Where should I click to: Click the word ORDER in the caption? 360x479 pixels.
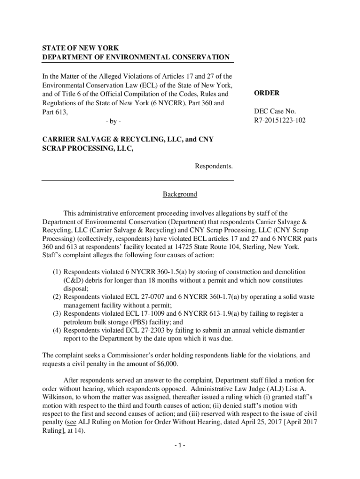[266, 93]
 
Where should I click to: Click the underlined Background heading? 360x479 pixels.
[180, 194]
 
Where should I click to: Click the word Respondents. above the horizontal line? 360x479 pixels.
[214, 166]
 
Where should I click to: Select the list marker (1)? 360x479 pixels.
[57, 272]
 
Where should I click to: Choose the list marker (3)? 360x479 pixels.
[57, 313]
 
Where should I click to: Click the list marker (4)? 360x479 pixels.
[57, 330]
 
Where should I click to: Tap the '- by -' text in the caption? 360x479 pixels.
[113, 122]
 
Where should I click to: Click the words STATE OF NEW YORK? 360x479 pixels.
[74, 48]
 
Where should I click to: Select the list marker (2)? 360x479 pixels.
[57, 297]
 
